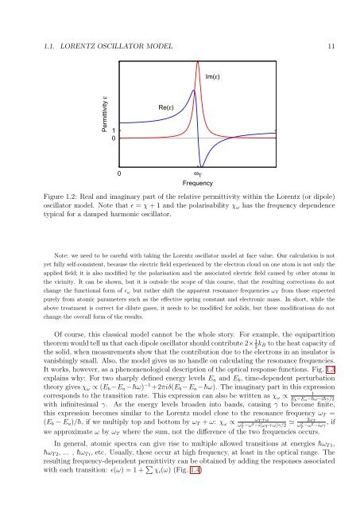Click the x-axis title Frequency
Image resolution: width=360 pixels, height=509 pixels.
[x=194, y=181]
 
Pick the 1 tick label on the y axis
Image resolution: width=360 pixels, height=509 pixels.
[x=113, y=152]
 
